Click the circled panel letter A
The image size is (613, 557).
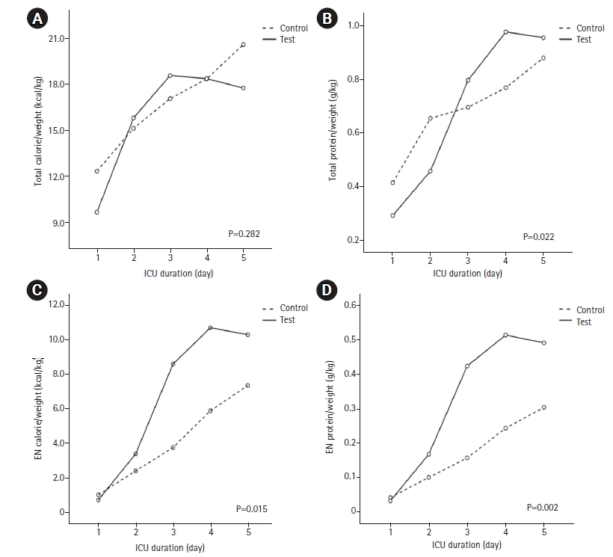[x=37, y=19]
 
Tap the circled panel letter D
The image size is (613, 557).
[x=326, y=289]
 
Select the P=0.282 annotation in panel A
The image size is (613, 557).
[x=244, y=234]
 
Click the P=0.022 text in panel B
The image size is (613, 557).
[x=538, y=236]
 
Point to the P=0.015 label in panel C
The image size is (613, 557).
[x=251, y=509]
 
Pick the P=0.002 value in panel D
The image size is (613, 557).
[x=542, y=508]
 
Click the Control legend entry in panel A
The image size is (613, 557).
[x=285, y=28]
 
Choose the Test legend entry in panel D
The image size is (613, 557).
[x=575, y=321]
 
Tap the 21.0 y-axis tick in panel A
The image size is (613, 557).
[x=56, y=38]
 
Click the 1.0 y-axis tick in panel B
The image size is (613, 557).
[x=353, y=25]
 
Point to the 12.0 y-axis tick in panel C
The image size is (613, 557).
[x=56, y=304]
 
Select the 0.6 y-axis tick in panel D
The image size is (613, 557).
[x=350, y=304]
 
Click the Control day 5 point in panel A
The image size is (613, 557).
[x=243, y=45]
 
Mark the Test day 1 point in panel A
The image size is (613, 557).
[x=97, y=212]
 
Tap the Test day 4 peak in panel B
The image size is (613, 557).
[x=505, y=32]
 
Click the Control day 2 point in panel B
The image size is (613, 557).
[x=430, y=118]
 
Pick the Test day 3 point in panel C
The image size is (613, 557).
[x=173, y=364]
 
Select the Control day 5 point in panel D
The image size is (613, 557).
[x=543, y=407]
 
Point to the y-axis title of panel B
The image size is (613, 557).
[x=333, y=130]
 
